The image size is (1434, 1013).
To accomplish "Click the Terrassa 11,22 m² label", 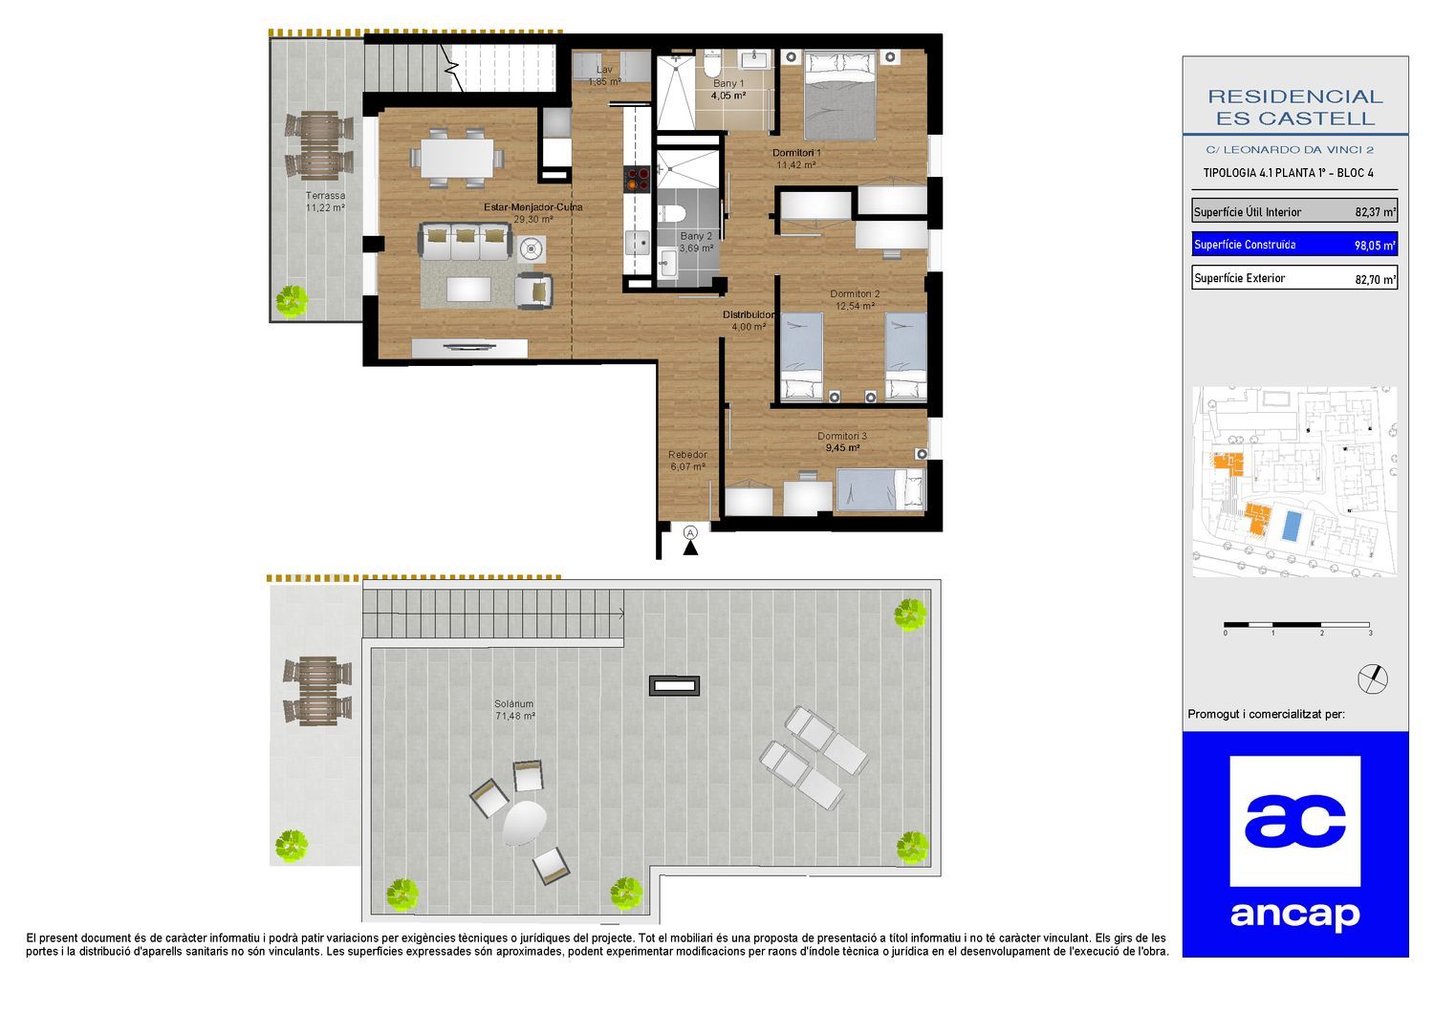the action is pyautogui.click(x=325, y=202).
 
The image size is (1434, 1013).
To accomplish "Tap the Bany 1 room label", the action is pyautogui.click(x=728, y=83).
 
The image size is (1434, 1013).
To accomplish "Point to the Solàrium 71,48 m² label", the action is pyautogui.click(x=514, y=710).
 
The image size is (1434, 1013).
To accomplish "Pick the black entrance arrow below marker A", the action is pyautogui.click(x=690, y=548).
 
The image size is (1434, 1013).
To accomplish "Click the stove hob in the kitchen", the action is pyautogui.click(x=638, y=179).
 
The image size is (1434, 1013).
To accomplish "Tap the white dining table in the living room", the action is pyautogui.click(x=457, y=158).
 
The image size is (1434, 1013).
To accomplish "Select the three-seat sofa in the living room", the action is pyautogui.click(x=465, y=241).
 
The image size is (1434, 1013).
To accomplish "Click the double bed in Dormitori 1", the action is pyautogui.click(x=840, y=96).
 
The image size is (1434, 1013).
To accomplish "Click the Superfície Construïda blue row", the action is pyautogui.click(x=1293, y=245).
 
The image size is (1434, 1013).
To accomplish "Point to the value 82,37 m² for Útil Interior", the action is pyautogui.click(x=1375, y=212).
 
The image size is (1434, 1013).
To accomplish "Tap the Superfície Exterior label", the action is pyautogui.click(x=1239, y=278).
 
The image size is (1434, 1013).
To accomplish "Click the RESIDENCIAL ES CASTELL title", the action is pyautogui.click(x=1295, y=107).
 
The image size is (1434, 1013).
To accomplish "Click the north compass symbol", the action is pyautogui.click(x=1373, y=679).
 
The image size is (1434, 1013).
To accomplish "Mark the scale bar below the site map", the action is pyautogui.click(x=1297, y=625).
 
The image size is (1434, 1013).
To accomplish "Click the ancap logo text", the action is pyautogui.click(x=1294, y=916).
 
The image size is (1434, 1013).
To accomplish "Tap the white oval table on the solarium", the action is pyautogui.click(x=524, y=823).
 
